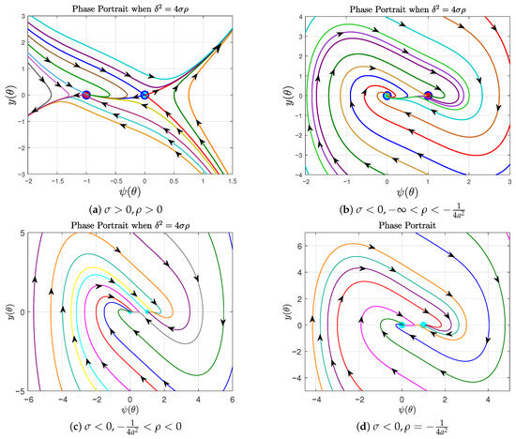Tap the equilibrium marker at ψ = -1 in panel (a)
tap(86, 95)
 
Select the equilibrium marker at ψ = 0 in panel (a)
tap(144, 95)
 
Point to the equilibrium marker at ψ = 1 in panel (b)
tap(428, 95)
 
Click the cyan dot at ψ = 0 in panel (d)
tap(402, 325)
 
